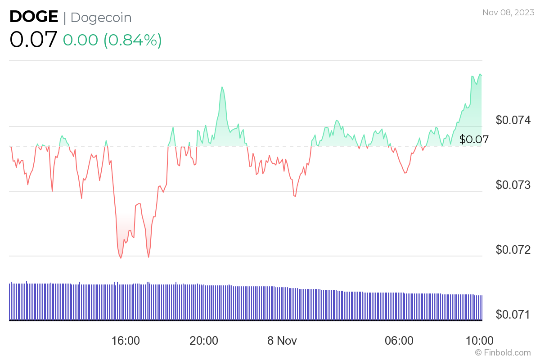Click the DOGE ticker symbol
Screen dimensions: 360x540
(34, 17)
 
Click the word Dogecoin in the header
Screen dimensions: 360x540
(101, 18)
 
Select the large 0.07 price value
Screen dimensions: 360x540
(33, 40)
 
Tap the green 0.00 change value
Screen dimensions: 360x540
(80, 40)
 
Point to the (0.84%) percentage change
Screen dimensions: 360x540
(133, 40)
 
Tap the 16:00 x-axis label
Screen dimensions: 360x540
(126, 341)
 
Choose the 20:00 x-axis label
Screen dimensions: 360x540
(204, 341)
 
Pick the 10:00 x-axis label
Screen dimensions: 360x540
(479, 341)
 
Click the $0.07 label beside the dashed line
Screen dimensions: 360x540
(474, 139)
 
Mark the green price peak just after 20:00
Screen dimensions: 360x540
(222, 87)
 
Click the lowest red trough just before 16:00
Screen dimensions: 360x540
(121, 258)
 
